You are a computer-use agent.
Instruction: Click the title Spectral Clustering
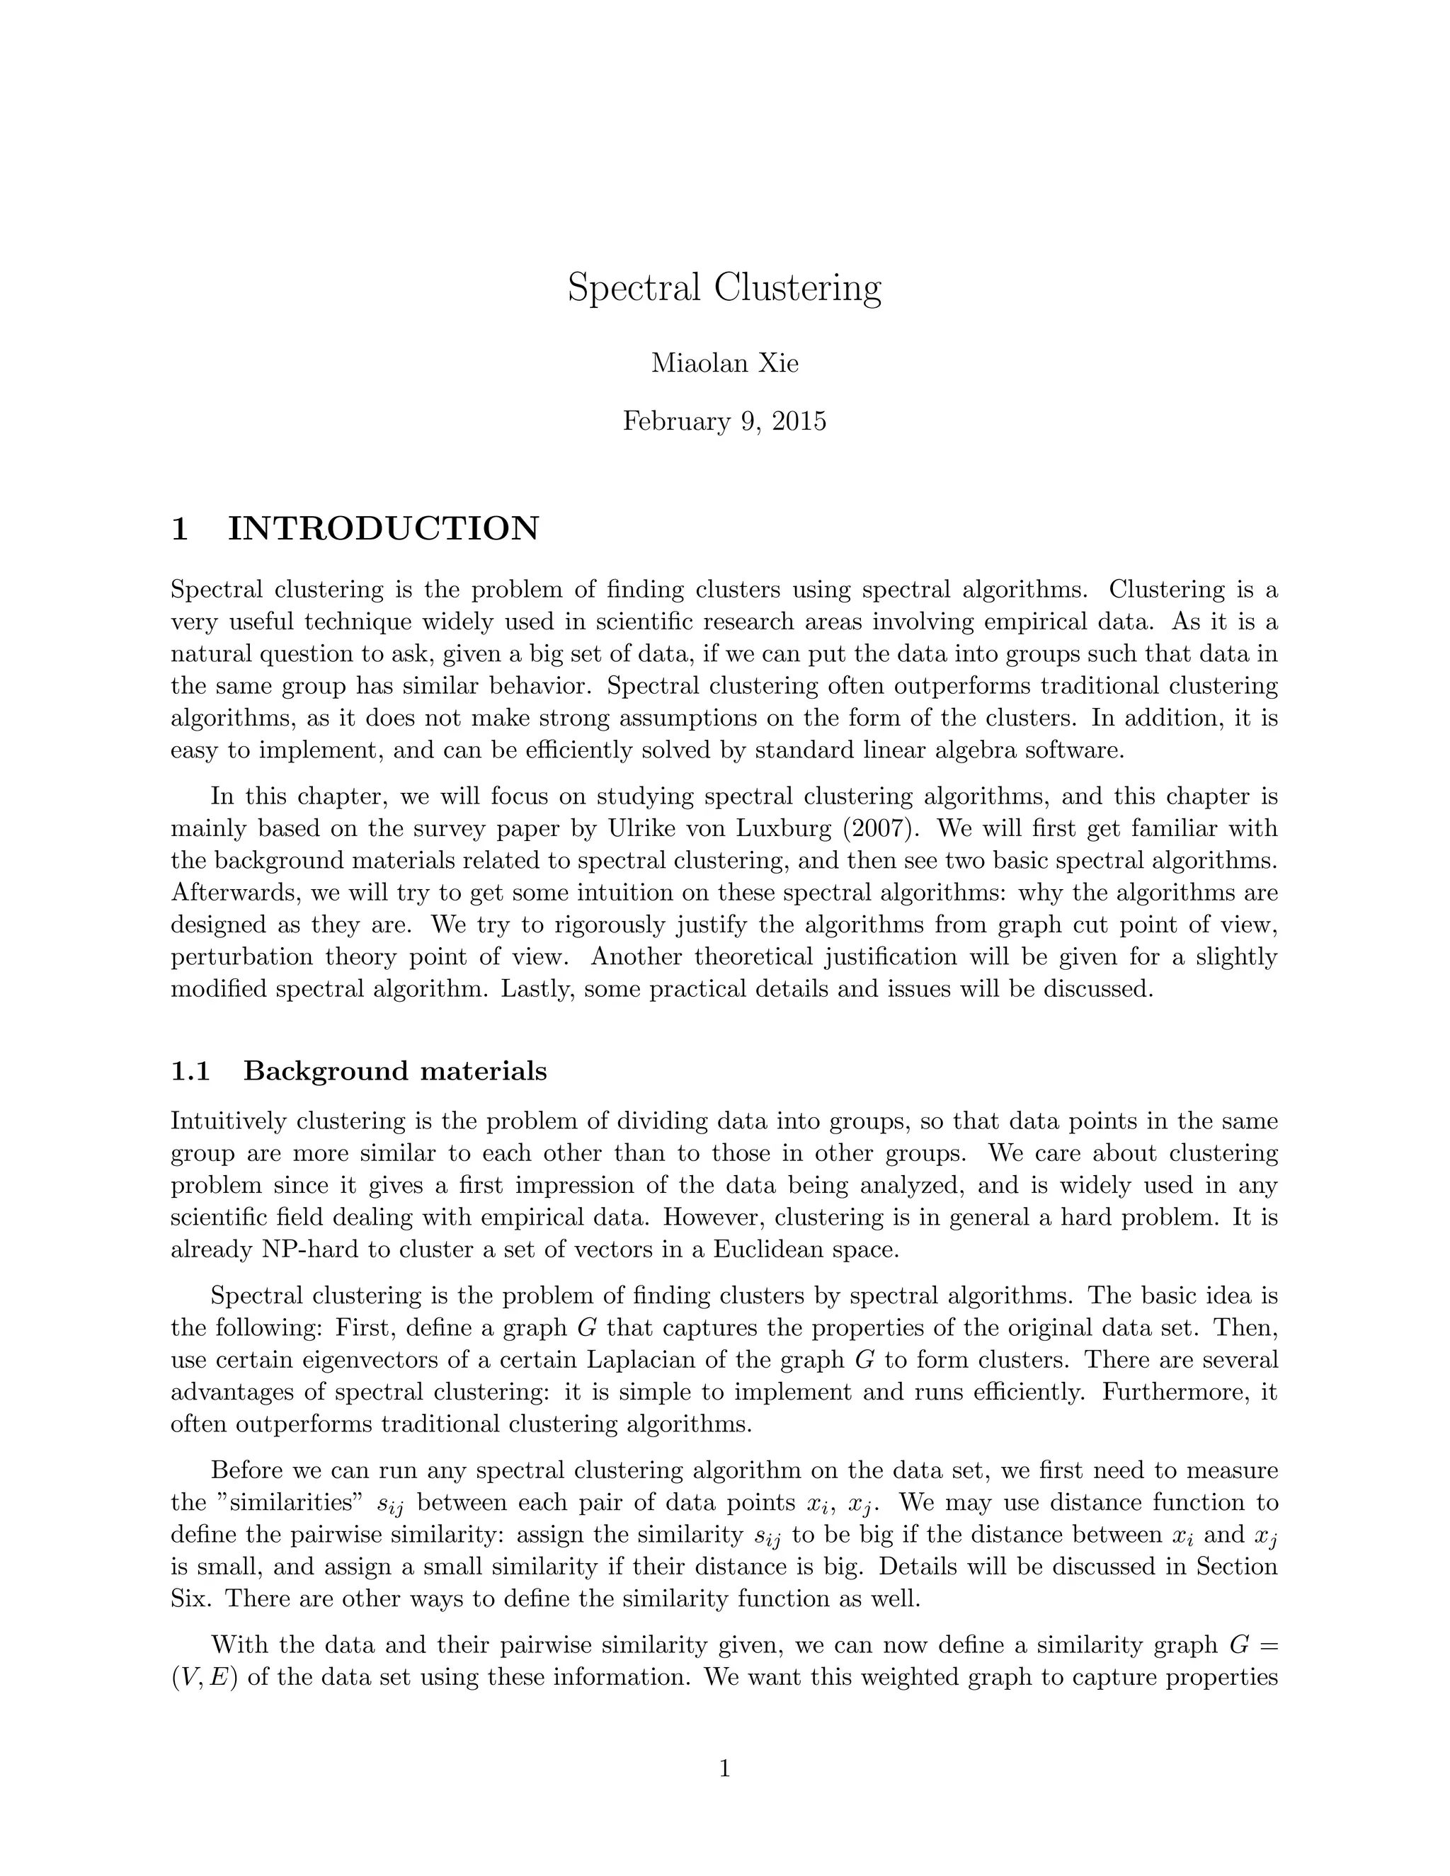(724, 287)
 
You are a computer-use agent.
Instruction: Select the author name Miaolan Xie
(724, 363)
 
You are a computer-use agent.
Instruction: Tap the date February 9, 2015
(724, 422)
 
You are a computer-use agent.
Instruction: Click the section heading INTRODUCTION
(382, 528)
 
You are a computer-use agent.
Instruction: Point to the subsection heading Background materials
(395, 1071)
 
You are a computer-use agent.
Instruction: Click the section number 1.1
(190, 1071)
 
